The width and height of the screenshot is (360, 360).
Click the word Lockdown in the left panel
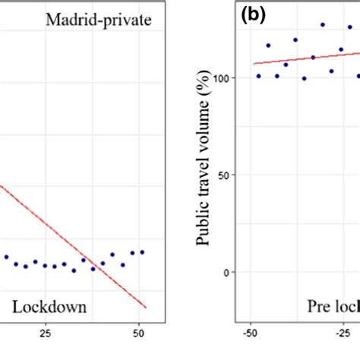49,308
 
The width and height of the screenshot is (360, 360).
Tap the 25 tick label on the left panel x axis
45,332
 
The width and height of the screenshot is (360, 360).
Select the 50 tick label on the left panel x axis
138,332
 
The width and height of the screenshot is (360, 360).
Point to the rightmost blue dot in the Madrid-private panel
142,252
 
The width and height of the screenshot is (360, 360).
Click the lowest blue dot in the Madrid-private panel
74,270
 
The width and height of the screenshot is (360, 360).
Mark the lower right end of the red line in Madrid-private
146,308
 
